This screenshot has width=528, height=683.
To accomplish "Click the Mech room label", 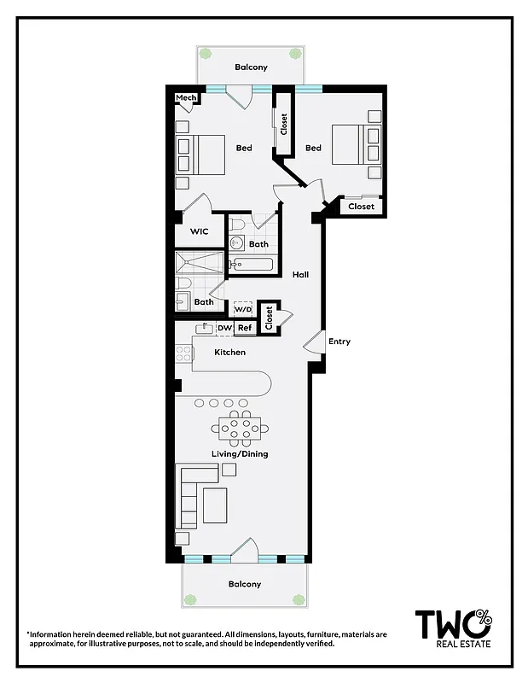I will [186, 98].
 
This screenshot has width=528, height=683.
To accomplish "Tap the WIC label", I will [199, 231].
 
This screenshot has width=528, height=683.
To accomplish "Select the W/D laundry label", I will [243, 310].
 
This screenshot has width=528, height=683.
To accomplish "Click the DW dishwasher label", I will [224, 328].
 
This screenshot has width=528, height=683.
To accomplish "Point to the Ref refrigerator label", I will [245, 328].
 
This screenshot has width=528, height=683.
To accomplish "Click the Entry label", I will [339, 341].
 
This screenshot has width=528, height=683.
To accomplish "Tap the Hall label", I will [300, 275].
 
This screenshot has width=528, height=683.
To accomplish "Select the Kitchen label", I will [229, 353].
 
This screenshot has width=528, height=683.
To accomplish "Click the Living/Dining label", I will [240, 453].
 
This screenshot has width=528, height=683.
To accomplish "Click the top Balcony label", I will [252, 67].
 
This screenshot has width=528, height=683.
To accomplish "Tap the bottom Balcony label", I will [244, 585].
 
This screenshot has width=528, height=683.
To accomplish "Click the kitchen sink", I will [206, 328].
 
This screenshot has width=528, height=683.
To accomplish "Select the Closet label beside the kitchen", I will [269, 318].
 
